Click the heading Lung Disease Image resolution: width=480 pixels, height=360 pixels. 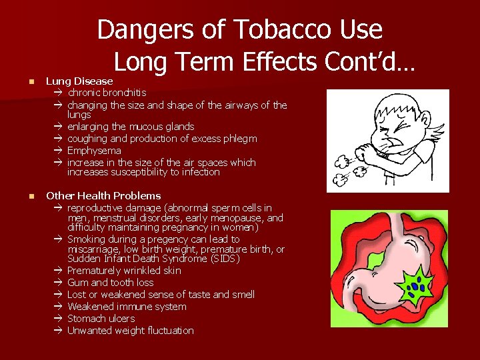79,81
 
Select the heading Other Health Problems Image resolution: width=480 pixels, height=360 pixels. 103,196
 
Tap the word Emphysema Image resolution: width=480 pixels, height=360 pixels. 94,151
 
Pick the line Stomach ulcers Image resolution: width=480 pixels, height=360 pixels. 101,319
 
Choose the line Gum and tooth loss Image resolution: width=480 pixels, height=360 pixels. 110,283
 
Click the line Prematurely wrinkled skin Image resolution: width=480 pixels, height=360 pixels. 124,271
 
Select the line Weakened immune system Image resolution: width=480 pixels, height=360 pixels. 127,307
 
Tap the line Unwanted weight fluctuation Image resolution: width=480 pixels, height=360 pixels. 130,331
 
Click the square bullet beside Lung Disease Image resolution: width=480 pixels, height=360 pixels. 22,82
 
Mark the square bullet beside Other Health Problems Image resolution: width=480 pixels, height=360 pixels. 22,197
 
